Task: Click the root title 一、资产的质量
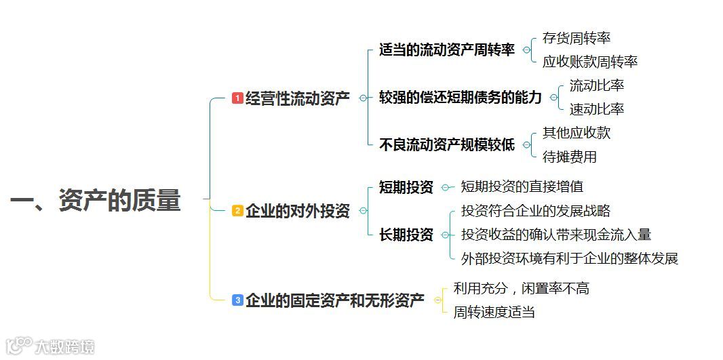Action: (x=96, y=201)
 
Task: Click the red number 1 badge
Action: (x=237, y=98)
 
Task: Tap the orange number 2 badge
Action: (x=237, y=211)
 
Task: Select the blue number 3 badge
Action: (x=237, y=300)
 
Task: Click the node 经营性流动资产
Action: (x=297, y=99)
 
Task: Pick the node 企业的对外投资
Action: (x=297, y=211)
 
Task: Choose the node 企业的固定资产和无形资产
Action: (x=334, y=300)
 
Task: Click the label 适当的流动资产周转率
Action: (x=447, y=50)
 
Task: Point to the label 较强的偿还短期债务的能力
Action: (x=461, y=98)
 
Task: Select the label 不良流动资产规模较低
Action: (x=447, y=144)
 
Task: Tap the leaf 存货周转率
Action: (x=577, y=39)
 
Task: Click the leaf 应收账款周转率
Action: (x=590, y=62)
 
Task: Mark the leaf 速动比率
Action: (x=597, y=109)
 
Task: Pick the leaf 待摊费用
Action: (x=570, y=157)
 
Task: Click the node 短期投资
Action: (x=406, y=187)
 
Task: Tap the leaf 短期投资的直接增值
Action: (x=522, y=186)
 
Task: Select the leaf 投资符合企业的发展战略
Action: (x=536, y=211)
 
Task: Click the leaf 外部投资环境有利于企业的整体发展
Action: (x=570, y=258)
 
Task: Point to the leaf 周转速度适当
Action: (x=494, y=312)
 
